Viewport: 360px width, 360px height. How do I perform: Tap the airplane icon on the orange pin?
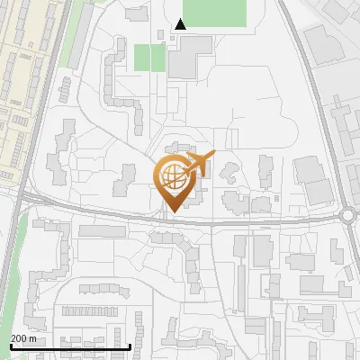(200, 164)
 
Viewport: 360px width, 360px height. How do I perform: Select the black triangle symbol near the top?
(180, 25)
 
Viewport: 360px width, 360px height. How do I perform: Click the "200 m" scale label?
(23, 338)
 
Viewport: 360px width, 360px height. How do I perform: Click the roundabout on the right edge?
(350, 215)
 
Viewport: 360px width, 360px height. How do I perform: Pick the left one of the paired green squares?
(142, 58)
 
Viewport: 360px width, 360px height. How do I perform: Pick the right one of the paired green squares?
(158, 58)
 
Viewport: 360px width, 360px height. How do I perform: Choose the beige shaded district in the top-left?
(22, 72)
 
